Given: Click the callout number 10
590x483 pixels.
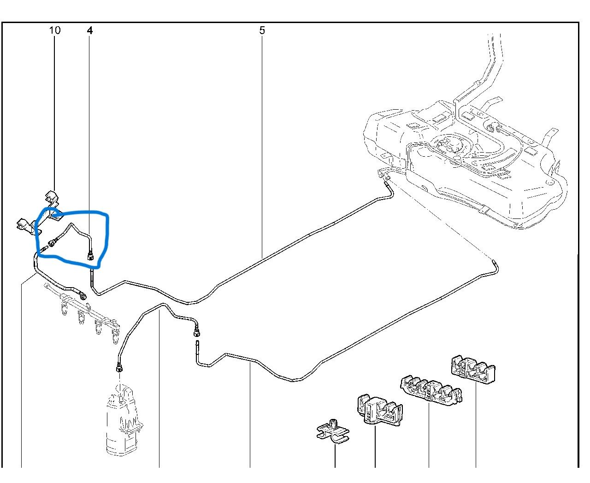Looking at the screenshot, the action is [x=54, y=30].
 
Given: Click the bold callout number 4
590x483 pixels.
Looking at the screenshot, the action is [x=89, y=30].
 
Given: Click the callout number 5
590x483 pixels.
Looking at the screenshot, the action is [x=262, y=30].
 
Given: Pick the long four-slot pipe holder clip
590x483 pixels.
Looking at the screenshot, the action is [x=431, y=390].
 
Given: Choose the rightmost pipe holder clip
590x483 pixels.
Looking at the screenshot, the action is [x=473, y=369].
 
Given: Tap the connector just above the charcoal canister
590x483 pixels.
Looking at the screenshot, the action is [x=119, y=368].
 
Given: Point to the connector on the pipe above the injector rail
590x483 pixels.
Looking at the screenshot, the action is [x=83, y=295].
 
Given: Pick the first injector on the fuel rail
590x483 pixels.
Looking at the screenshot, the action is [x=65, y=308].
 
